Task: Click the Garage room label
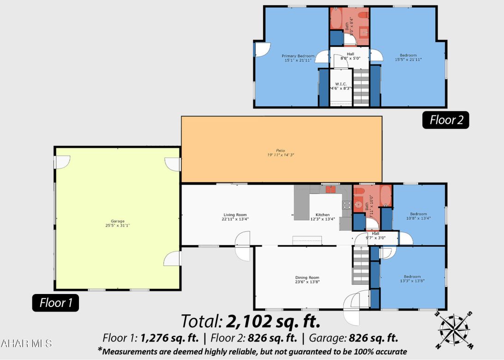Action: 117,221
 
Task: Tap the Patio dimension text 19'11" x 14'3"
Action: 282,155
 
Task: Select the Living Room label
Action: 235,215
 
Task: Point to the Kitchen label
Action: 323,215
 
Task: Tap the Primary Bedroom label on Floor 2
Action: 298,56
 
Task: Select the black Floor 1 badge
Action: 55,303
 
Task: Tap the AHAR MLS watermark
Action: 26,343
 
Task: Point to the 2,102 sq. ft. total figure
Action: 273,320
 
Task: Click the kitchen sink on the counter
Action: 330,189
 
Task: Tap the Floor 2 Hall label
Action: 351,54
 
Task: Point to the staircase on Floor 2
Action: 361,88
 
